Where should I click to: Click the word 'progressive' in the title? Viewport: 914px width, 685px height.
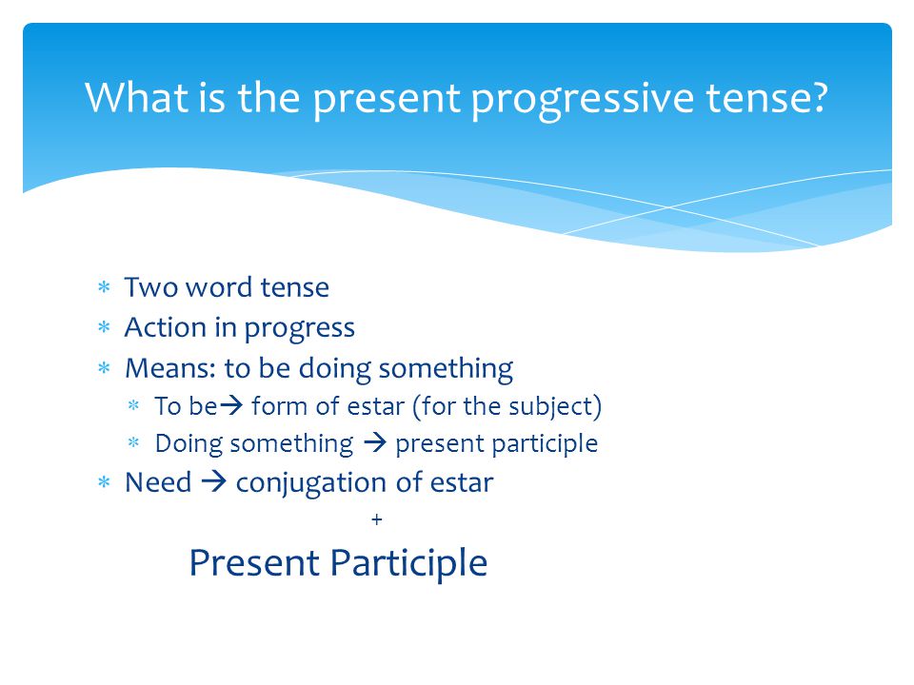point(583,100)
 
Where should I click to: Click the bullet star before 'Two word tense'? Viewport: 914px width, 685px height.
point(104,287)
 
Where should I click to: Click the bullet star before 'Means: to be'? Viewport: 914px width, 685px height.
point(104,368)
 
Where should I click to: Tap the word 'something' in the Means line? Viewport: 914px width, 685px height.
point(446,370)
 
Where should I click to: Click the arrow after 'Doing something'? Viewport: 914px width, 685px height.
point(375,443)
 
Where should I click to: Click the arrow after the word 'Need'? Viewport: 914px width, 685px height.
point(213,481)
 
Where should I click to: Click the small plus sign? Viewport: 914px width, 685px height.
point(377,519)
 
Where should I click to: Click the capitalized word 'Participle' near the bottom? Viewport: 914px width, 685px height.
point(408,564)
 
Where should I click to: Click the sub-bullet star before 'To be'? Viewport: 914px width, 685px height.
point(133,405)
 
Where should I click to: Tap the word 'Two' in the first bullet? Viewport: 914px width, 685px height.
point(151,287)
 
